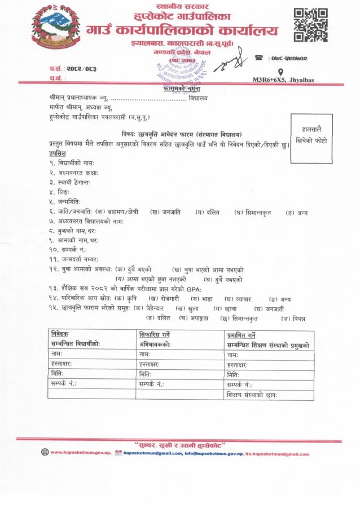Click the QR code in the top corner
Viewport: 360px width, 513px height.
[x=311, y=25]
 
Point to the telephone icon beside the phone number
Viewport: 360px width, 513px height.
[x=260, y=57]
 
